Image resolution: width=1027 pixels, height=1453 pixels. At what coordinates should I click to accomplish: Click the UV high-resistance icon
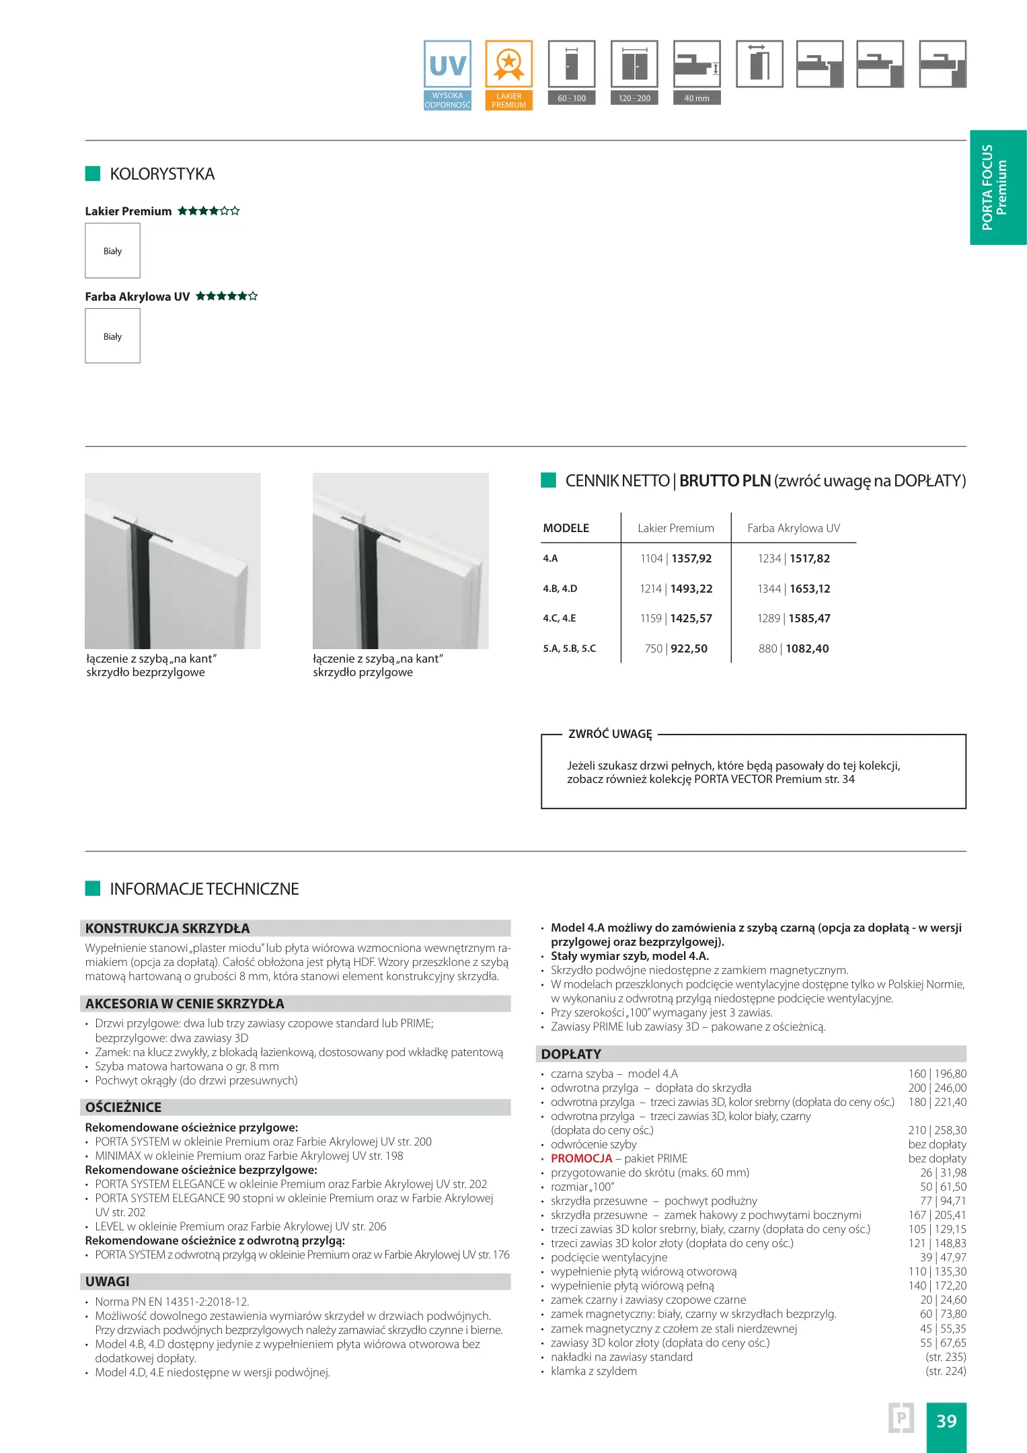[x=447, y=74]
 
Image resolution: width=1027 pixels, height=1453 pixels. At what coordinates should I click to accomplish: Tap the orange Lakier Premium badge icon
[x=508, y=74]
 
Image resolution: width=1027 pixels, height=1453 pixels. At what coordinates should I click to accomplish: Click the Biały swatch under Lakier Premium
[x=112, y=251]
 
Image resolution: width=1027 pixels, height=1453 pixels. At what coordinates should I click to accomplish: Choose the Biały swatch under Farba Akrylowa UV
[x=112, y=336]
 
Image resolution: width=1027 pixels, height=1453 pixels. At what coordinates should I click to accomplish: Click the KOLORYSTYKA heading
[x=162, y=174]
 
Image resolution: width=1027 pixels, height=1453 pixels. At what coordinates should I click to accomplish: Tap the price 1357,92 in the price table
[x=691, y=558]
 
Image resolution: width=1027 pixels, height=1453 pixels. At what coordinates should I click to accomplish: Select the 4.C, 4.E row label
[x=560, y=618]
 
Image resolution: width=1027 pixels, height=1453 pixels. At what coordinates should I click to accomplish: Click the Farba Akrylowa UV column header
[x=794, y=528]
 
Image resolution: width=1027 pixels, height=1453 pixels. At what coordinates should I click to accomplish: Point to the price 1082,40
[x=807, y=648]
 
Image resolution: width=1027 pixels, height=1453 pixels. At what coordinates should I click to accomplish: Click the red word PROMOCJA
[x=581, y=1158]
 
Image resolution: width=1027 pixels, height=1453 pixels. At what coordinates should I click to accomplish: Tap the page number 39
[x=946, y=1421]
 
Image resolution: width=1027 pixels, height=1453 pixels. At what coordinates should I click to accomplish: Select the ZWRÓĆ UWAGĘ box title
[x=610, y=734]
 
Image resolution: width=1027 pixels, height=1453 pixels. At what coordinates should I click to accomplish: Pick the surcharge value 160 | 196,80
[x=937, y=1074]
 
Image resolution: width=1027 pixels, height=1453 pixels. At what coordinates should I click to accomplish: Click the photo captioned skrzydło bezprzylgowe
[x=173, y=560]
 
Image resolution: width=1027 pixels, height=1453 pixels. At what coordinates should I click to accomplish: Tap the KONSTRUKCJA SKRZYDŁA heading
[x=167, y=928]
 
